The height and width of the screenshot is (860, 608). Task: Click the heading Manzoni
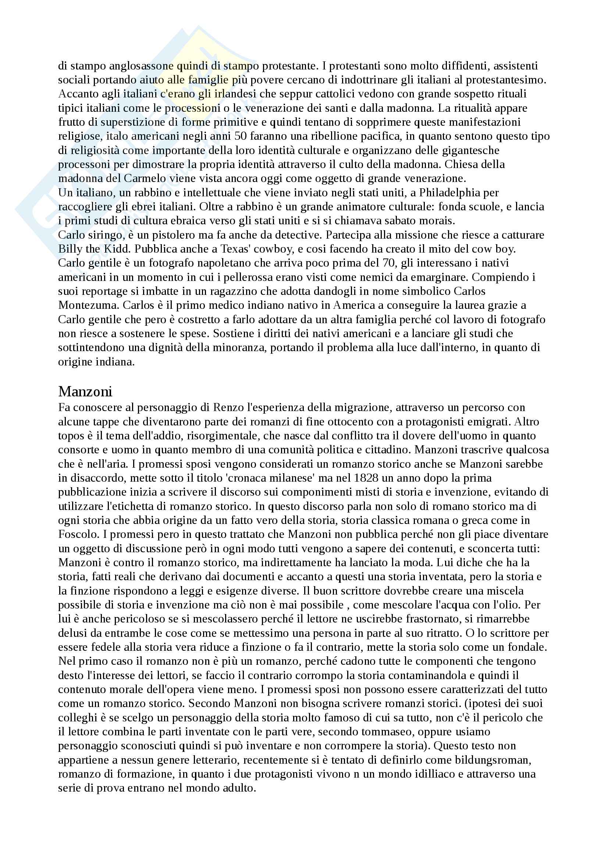[85, 392]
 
